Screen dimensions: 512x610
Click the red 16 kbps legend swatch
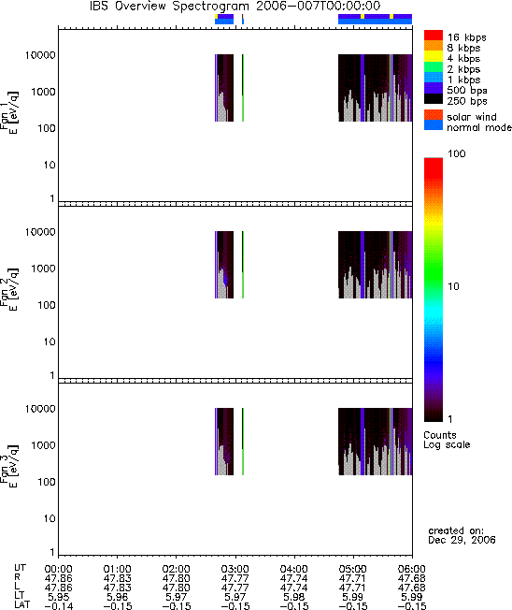pyautogui.click(x=434, y=35)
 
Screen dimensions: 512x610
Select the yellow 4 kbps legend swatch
pyautogui.click(x=434, y=56)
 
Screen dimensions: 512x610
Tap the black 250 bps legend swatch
pyautogui.click(x=434, y=99)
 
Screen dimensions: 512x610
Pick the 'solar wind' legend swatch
pyautogui.click(x=434, y=115)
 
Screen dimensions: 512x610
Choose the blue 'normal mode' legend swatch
pyautogui.click(x=434, y=124)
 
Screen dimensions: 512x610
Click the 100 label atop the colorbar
pyautogui.click(x=457, y=153)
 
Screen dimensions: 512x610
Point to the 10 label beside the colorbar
pyautogui.click(x=453, y=286)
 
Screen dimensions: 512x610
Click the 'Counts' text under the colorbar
pyautogui.click(x=440, y=435)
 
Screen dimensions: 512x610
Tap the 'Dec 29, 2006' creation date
pyautogui.click(x=462, y=540)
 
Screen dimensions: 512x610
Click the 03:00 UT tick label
pyautogui.click(x=235, y=569)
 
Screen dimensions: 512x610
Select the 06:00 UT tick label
pyautogui.click(x=412, y=569)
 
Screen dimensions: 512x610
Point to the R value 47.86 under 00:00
pyautogui.click(x=58, y=578)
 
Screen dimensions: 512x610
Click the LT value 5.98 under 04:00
pyautogui.click(x=294, y=596)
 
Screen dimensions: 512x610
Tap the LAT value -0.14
pyautogui.click(x=58, y=605)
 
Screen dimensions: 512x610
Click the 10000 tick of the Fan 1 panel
pyautogui.click(x=40, y=55)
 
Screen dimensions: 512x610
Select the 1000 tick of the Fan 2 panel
pyautogui.click(x=43, y=269)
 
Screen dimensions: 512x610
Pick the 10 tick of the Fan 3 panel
pyautogui.click(x=50, y=518)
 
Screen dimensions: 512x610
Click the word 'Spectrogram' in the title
pyautogui.click(x=210, y=7)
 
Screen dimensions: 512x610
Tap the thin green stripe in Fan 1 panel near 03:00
pyautogui.click(x=243, y=88)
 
